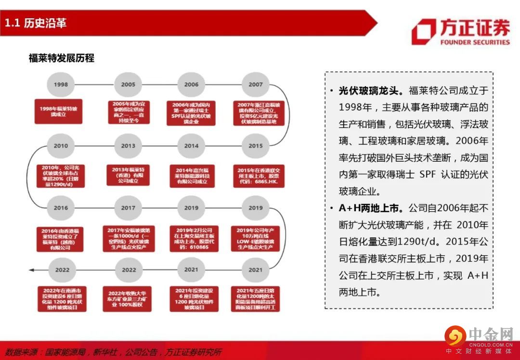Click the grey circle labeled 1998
[61, 84]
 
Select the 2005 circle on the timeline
[128, 84]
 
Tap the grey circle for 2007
[256, 84]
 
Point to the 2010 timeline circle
[61, 146]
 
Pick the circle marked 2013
[128, 146]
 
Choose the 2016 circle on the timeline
[61, 208]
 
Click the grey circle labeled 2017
[128, 208]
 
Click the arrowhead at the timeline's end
[31, 270]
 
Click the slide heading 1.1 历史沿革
[36, 23]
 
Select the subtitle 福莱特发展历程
[61, 58]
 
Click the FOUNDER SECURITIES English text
[475, 42]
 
